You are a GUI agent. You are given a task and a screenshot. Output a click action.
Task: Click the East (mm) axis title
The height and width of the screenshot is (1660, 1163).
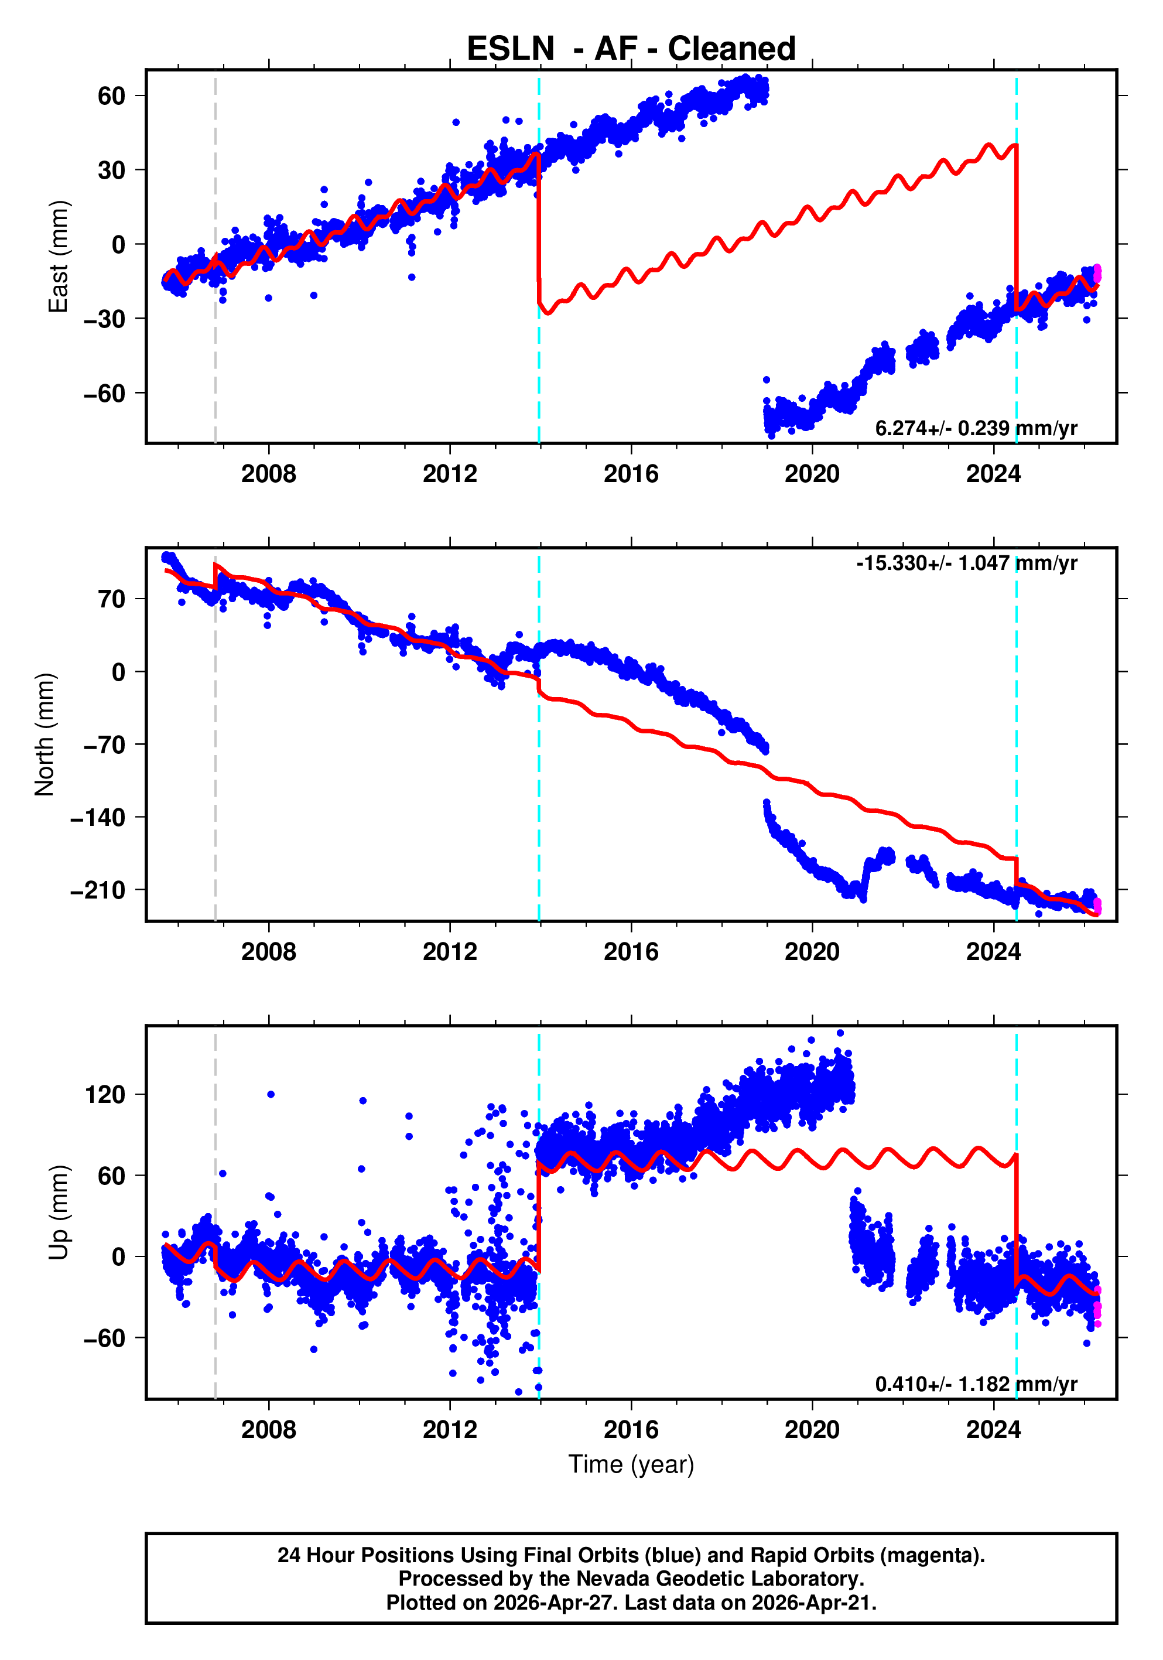pyautogui.click(x=59, y=257)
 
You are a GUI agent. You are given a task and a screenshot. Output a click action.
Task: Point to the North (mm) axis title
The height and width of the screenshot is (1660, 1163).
pyautogui.click(x=45, y=735)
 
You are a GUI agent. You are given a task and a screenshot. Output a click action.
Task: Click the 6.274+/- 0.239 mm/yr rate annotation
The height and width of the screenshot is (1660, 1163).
pyautogui.click(x=976, y=428)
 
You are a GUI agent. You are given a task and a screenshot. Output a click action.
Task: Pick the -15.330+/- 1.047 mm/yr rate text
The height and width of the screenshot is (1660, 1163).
pyautogui.click(x=966, y=563)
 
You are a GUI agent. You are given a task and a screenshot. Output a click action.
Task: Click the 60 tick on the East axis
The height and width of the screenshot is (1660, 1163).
pyautogui.click(x=111, y=95)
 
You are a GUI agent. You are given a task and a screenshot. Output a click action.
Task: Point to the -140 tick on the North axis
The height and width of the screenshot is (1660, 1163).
pyautogui.click(x=98, y=818)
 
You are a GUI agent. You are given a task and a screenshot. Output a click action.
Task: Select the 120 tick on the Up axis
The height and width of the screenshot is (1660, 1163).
pyautogui.click(x=105, y=1095)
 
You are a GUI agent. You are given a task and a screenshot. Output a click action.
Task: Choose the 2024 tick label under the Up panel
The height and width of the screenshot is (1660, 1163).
pyautogui.click(x=993, y=1430)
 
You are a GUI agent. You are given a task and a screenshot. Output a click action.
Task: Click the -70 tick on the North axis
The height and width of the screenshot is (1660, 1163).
pyautogui.click(x=104, y=744)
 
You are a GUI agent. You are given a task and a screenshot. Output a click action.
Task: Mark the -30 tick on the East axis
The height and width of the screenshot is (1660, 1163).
pyautogui.click(x=104, y=319)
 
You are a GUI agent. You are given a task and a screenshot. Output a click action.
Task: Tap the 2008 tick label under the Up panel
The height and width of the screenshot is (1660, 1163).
pyautogui.click(x=268, y=1430)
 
